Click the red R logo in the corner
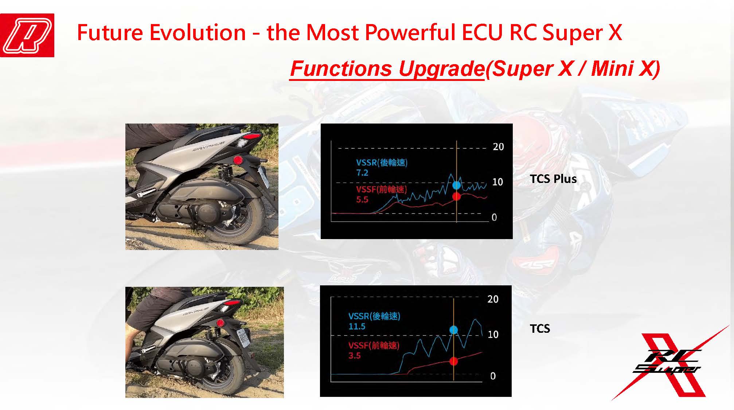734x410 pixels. tap(27, 35)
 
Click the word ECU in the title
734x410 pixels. tap(482, 32)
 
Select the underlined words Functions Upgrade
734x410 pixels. tap(387, 68)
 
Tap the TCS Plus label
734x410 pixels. tap(553, 179)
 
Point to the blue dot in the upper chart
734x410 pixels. tap(456, 185)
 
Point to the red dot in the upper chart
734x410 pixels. tap(456, 197)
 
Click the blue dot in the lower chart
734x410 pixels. tap(453, 330)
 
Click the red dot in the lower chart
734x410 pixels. tap(453, 361)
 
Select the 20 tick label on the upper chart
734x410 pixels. tap(498, 147)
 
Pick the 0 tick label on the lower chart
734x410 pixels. tap(493, 376)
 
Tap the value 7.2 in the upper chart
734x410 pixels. tap(362, 173)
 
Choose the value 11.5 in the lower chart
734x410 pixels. tap(357, 327)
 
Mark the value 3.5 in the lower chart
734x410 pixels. tap(355, 356)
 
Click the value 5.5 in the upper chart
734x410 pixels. tap(362, 199)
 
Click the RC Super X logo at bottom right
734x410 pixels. tap(669, 364)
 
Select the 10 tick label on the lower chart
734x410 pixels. tap(493, 335)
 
